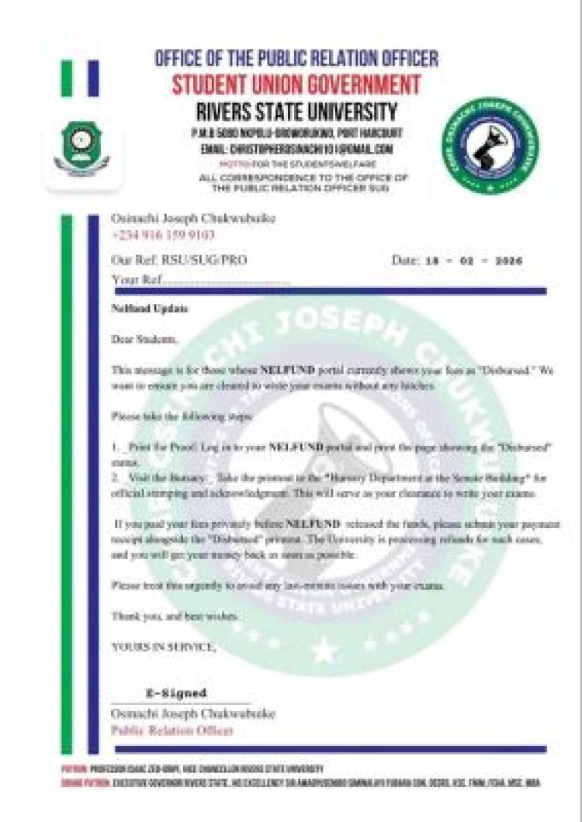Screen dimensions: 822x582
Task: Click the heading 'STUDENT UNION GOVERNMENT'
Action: pos(296,84)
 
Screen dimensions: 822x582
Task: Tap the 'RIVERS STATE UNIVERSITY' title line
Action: pos(296,110)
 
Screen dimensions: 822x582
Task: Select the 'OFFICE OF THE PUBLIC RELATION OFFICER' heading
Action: pos(296,58)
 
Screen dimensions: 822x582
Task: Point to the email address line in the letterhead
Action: pos(296,149)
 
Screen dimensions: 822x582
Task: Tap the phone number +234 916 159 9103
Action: pos(163,235)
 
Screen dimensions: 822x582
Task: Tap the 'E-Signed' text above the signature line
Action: pos(176,693)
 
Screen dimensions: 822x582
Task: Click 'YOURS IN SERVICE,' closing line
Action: pos(164,645)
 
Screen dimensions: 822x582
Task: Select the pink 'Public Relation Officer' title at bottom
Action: pos(172,730)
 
